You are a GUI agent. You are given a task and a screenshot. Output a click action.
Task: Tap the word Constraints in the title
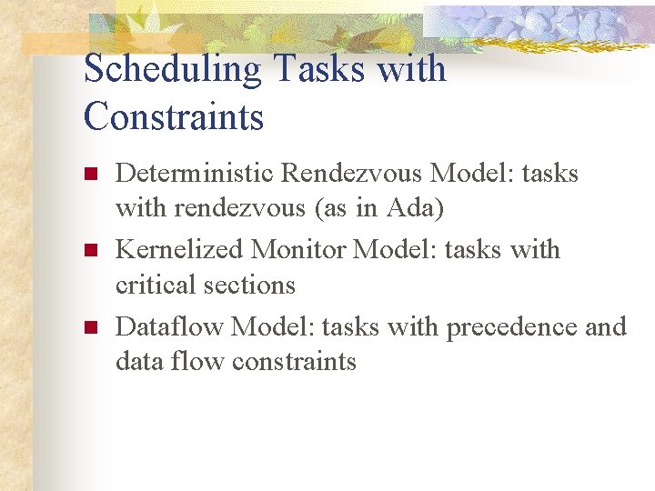[x=173, y=117]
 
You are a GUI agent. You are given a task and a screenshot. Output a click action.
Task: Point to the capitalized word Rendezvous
[x=351, y=173]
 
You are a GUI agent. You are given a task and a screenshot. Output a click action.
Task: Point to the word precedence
[x=510, y=326]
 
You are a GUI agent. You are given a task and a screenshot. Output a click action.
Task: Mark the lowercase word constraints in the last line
[x=294, y=362]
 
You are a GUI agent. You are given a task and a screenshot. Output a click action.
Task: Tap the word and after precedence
[x=606, y=326]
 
